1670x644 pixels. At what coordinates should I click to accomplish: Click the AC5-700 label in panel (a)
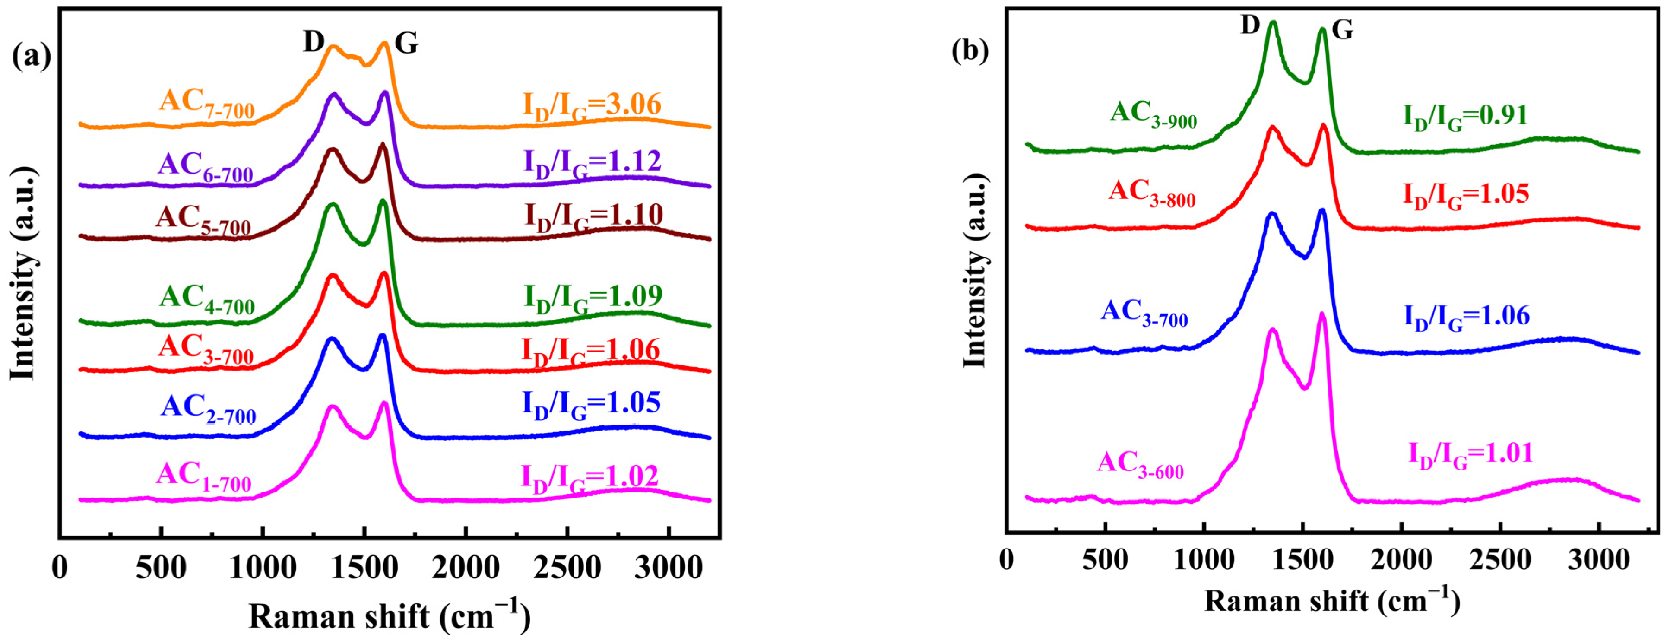(x=203, y=221)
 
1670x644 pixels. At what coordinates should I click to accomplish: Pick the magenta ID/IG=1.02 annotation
(x=589, y=479)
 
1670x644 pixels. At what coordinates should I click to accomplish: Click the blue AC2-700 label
(x=208, y=409)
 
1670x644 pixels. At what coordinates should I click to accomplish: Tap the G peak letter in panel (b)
(x=1342, y=30)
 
